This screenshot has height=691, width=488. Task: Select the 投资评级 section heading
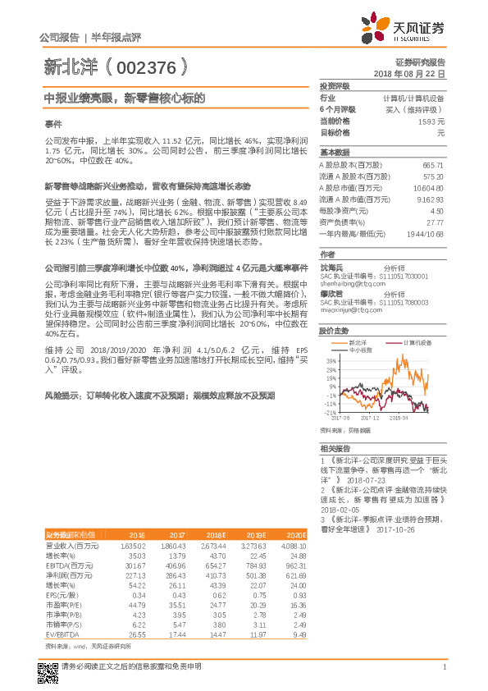coord(334,85)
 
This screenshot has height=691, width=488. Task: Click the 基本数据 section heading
coord(334,153)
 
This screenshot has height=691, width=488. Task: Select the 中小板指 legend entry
coord(360,350)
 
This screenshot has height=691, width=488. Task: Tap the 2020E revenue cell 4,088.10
coord(294,545)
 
